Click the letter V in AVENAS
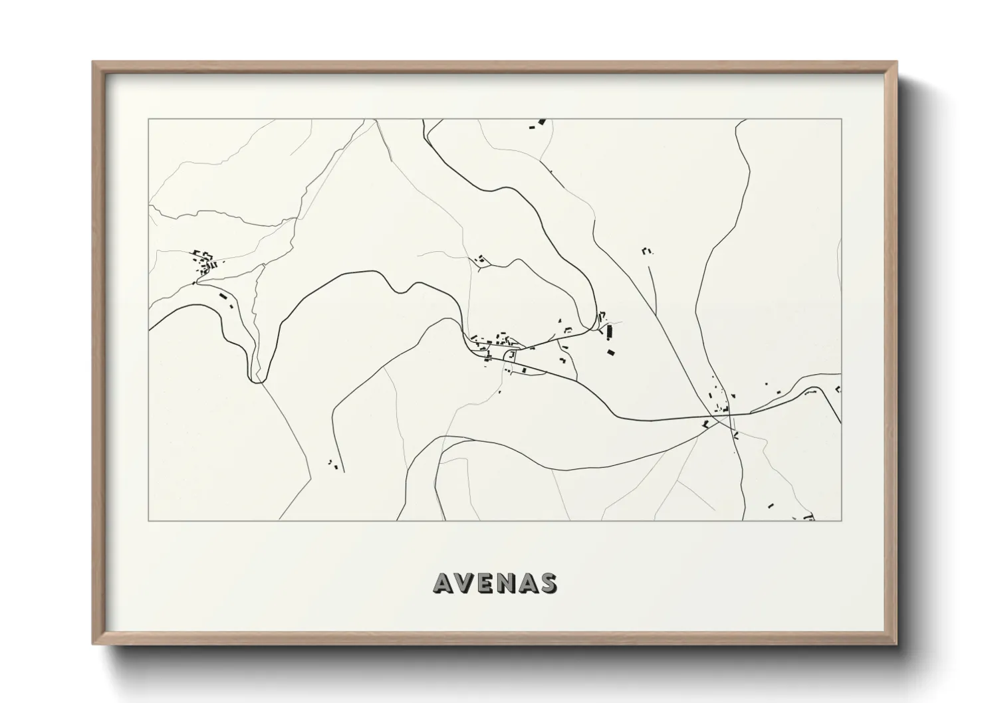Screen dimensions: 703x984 (x=466, y=583)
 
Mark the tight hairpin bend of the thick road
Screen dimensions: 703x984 (x=256, y=379)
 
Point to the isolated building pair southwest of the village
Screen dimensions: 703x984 (x=332, y=463)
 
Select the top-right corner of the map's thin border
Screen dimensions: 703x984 (x=841, y=120)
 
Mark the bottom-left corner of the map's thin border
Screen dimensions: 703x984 (x=148, y=520)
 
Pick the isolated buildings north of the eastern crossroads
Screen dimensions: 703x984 (x=646, y=251)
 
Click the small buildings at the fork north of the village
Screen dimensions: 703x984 (x=479, y=259)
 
